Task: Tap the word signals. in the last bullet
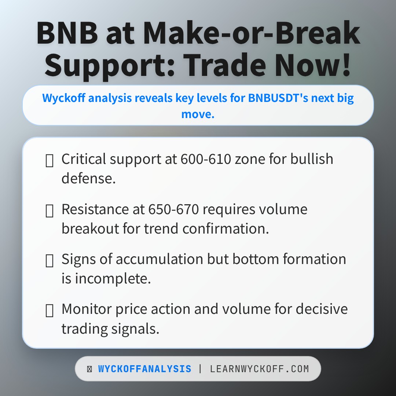coord(136,329)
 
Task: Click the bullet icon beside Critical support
coord(49,160)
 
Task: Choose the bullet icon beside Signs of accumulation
coord(49,260)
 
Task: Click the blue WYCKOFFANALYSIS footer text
coord(144,369)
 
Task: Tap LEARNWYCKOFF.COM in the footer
coord(259,369)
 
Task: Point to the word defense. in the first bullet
coord(88,179)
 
